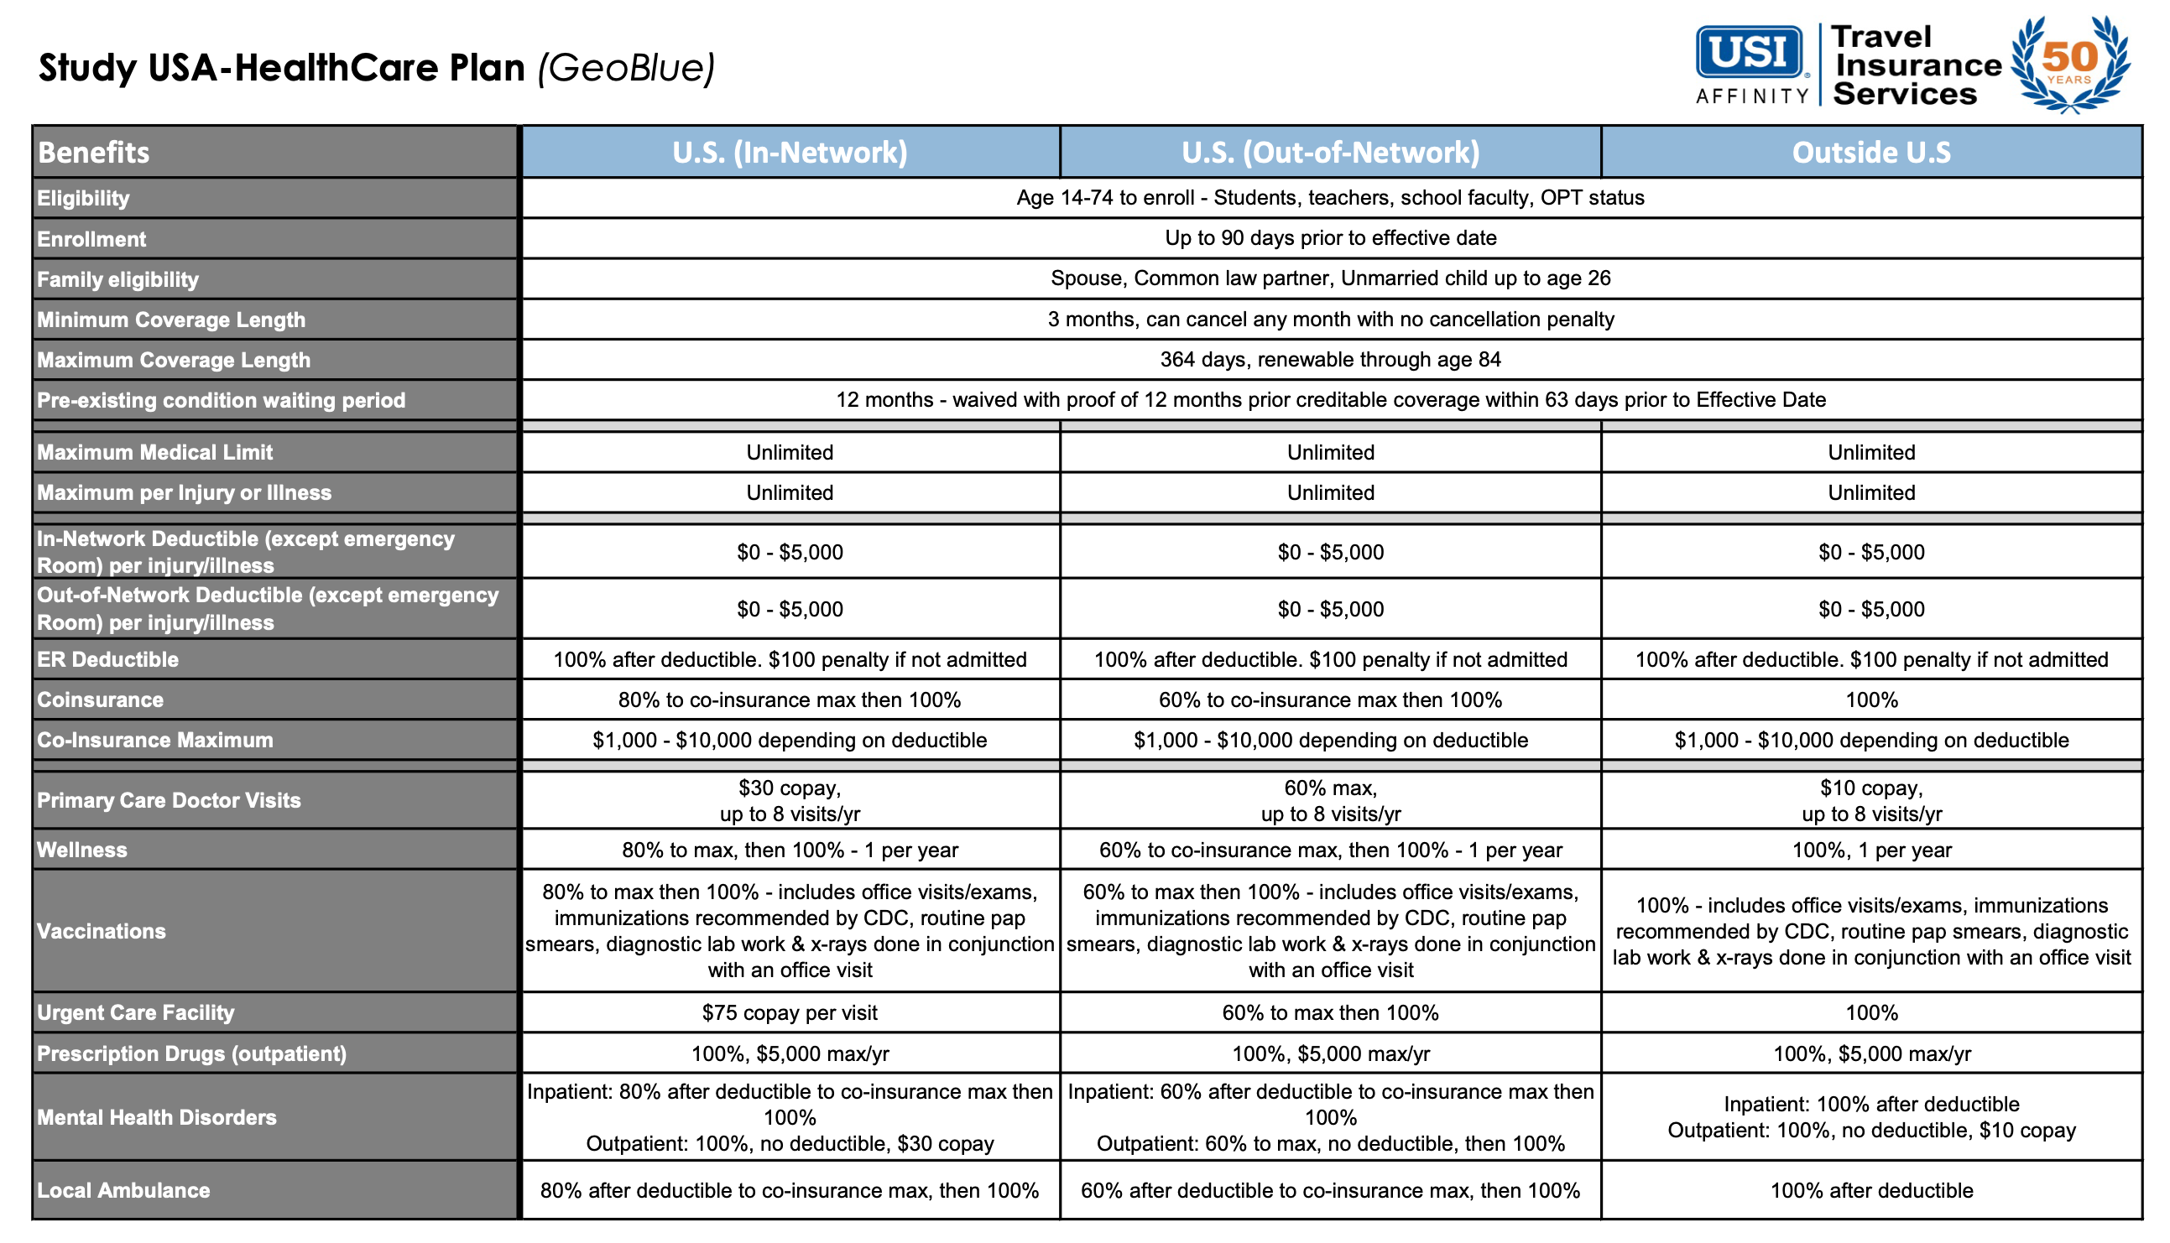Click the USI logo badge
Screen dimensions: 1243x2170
pyautogui.click(x=1749, y=53)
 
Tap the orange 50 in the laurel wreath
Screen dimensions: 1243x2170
pyautogui.click(x=2069, y=57)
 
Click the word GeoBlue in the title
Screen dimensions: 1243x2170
pyautogui.click(x=626, y=68)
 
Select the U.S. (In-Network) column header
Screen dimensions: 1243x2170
pyautogui.click(x=789, y=152)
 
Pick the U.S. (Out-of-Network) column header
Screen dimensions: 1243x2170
pyautogui.click(x=1330, y=152)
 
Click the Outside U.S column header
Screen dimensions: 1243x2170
pyautogui.click(x=1870, y=152)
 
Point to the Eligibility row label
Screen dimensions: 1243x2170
pyautogui.click(x=84, y=198)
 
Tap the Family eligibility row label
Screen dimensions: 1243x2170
pyautogui.click(x=117, y=279)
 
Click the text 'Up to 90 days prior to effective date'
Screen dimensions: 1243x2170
pyautogui.click(x=1330, y=238)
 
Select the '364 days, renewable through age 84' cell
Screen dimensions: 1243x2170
pyautogui.click(x=1330, y=360)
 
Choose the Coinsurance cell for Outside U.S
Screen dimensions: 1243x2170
pyautogui.click(x=1870, y=700)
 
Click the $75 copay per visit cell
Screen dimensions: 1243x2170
pyautogui.click(x=789, y=1012)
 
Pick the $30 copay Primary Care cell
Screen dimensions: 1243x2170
pyautogui.click(x=789, y=800)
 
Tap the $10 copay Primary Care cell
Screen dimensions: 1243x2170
pyautogui.click(x=1870, y=800)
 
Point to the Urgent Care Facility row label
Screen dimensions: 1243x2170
pyautogui.click(x=135, y=1012)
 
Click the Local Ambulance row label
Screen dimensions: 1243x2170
pyautogui.click(x=123, y=1190)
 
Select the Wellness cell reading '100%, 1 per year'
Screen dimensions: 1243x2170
pyautogui.click(x=1870, y=850)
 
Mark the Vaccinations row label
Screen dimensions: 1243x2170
pyautogui.click(x=101, y=930)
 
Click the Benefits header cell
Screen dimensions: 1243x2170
pyautogui.click(x=94, y=152)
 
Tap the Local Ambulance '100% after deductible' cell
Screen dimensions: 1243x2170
pyautogui.click(x=1870, y=1190)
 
